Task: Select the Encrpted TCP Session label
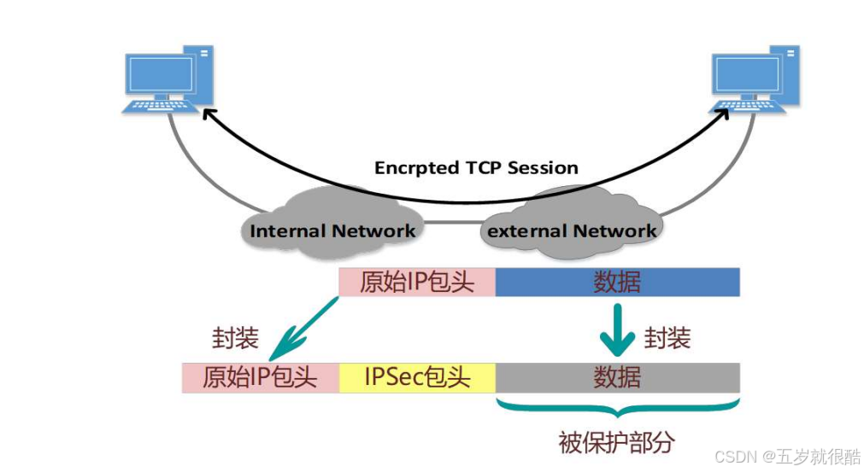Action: click(476, 168)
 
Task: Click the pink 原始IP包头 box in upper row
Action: click(417, 283)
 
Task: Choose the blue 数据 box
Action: click(617, 283)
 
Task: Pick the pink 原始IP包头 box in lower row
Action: click(260, 377)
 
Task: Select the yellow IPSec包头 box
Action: click(417, 377)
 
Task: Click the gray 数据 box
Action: click(617, 377)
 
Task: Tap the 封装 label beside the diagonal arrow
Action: click(235, 339)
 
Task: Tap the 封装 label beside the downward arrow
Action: click(667, 339)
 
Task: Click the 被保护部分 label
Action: click(617, 442)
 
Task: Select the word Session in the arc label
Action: click(543, 168)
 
